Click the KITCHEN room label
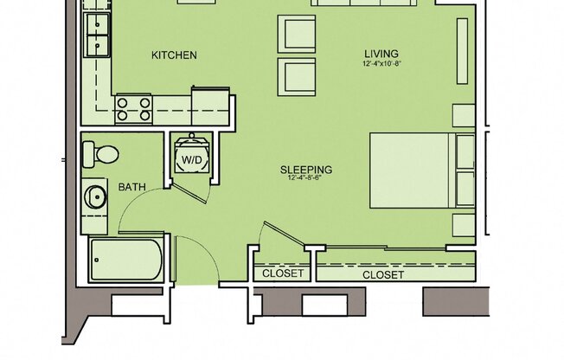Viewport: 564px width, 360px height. (x=174, y=55)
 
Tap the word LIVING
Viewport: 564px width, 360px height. (x=381, y=55)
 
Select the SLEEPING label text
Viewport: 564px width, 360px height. (x=306, y=170)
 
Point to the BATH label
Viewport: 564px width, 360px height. (x=131, y=187)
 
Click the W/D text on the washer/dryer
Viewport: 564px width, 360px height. (x=190, y=160)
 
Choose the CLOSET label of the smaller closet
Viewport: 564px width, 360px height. (x=283, y=273)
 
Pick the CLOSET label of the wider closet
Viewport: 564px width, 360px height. (x=382, y=274)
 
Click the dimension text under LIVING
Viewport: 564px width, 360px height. (x=381, y=65)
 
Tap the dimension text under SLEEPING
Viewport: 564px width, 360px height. (x=306, y=179)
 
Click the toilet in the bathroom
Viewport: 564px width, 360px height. (x=101, y=154)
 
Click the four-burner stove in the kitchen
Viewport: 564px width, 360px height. (x=134, y=108)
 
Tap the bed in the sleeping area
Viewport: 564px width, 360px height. (x=411, y=170)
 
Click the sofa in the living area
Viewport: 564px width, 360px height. (x=363, y=3)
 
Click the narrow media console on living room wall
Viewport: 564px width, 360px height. (x=461, y=51)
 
